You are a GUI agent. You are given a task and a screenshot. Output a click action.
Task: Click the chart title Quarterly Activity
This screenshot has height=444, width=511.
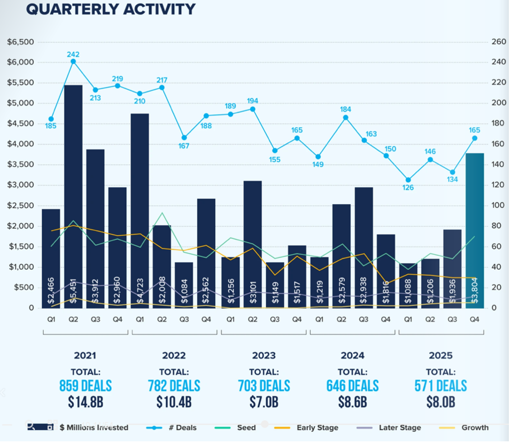tap(111, 9)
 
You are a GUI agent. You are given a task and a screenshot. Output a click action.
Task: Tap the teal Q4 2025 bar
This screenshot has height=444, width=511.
tap(474, 230)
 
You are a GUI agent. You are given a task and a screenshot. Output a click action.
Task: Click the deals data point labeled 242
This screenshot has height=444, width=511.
tap(73, 61)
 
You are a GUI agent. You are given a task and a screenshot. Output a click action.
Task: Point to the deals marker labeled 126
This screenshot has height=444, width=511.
tap(408, 180)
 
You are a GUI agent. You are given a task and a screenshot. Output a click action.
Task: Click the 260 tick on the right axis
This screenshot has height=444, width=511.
tap(498, 42)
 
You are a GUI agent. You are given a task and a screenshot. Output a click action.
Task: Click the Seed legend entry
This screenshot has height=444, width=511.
tap(246, 427)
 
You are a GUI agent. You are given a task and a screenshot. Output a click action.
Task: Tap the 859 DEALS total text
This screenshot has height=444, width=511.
tap(86, 386)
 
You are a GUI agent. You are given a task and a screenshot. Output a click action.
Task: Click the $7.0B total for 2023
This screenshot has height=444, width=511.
tap(264, 402)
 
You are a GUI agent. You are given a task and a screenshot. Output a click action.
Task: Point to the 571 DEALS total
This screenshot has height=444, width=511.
tap(440, 386)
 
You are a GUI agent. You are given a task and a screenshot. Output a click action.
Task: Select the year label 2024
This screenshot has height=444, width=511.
tap(352, 356)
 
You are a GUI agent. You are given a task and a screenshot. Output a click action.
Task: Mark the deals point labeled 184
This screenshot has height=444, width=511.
tap(345, 118)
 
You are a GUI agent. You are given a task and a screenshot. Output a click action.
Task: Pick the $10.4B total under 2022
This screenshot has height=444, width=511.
tap(174, 402)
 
